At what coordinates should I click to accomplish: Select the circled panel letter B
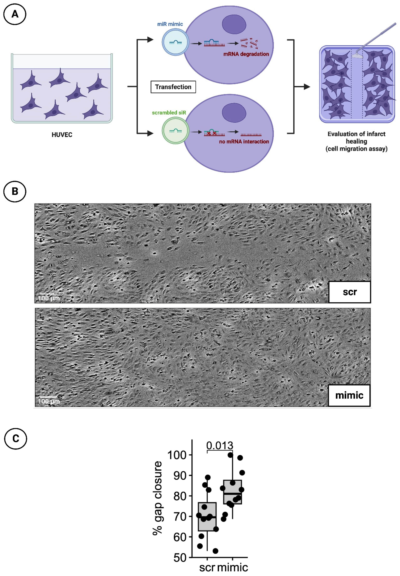coord(15,191)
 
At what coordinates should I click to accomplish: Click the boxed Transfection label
coord(173,87)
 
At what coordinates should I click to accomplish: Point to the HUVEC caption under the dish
coord(62,135)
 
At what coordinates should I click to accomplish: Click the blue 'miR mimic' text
coord(170,24)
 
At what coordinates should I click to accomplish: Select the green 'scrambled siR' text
coord(169,113)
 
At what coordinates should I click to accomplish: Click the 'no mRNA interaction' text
coord(244,141)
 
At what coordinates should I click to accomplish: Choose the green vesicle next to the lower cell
coord(175,131)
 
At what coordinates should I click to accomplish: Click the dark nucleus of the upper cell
coord(234,24)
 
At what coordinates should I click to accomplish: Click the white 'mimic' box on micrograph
coord(349,395)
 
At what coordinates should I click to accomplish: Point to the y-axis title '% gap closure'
coord(157,498)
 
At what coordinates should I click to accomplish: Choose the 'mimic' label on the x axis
coord(233,567)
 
